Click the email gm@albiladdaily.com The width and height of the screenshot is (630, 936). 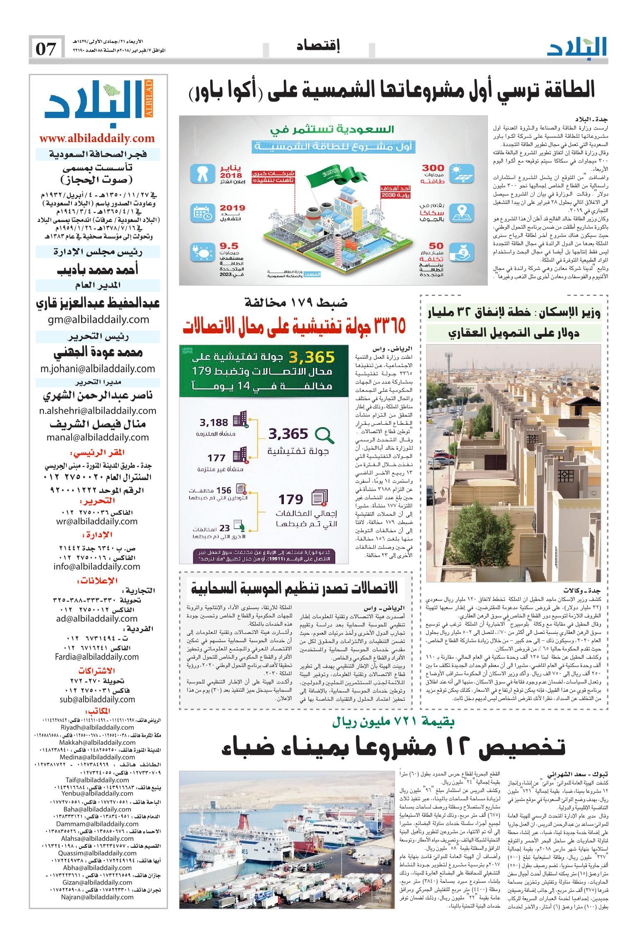pyautogui.click(x=98, y=319)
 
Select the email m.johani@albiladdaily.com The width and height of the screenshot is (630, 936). pyautogui.click(x=98, y=368)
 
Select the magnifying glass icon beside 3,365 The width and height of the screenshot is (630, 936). pyautogui.click(x=324, y=435)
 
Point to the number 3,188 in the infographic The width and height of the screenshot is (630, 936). pyautogui.click(x=214, y=423)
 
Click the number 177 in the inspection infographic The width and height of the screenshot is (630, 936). pyautogui.click(x=217, y=458)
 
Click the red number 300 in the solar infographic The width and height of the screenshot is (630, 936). pyautogui.click(x=433, y=168)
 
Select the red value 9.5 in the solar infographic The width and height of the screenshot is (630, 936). pyautogui.click(x=229, y=245)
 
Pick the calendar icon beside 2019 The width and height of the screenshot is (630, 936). pyautogui.click(x=202, y=212)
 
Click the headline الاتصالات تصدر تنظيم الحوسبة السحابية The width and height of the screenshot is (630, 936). pyautogui.click(x=295, y=588)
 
